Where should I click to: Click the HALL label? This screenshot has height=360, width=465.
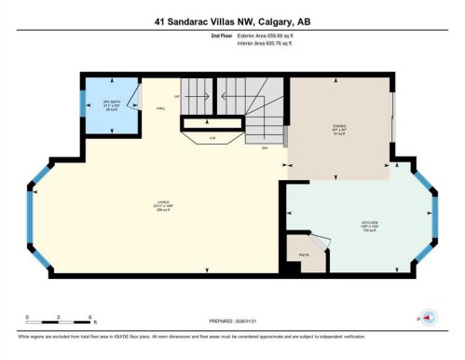point(160,108)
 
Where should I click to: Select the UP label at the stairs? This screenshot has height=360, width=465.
point(176,96)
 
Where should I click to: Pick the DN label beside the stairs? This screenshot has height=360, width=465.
point(264,146)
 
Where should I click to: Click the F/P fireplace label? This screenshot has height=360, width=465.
point(212,138)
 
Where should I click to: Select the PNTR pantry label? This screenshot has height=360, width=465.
point(303,253)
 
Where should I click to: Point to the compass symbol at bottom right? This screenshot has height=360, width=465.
point(428,319)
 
